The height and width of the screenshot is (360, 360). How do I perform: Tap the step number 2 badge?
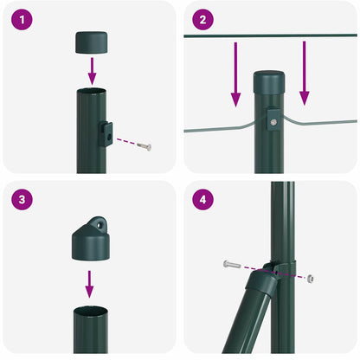(x=202, y=19)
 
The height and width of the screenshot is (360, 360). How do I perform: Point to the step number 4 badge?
(x=202, y=199)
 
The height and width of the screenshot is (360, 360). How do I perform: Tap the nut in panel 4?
(x=311, y=278)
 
